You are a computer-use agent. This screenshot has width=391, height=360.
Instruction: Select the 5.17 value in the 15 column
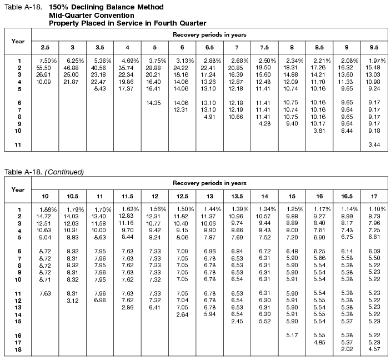point(293,335)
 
